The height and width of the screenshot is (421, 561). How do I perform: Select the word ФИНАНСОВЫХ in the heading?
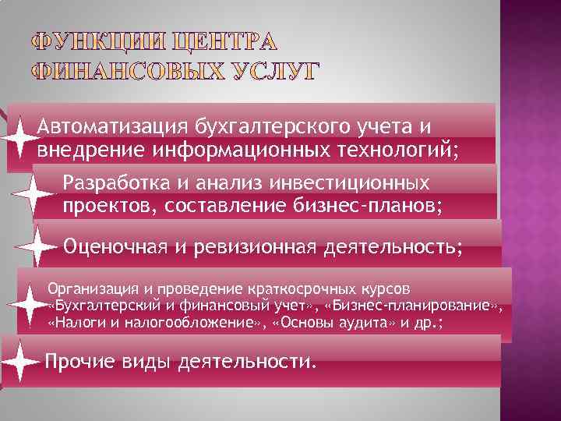point(124,73)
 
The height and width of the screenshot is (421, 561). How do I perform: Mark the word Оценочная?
point(115,247)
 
